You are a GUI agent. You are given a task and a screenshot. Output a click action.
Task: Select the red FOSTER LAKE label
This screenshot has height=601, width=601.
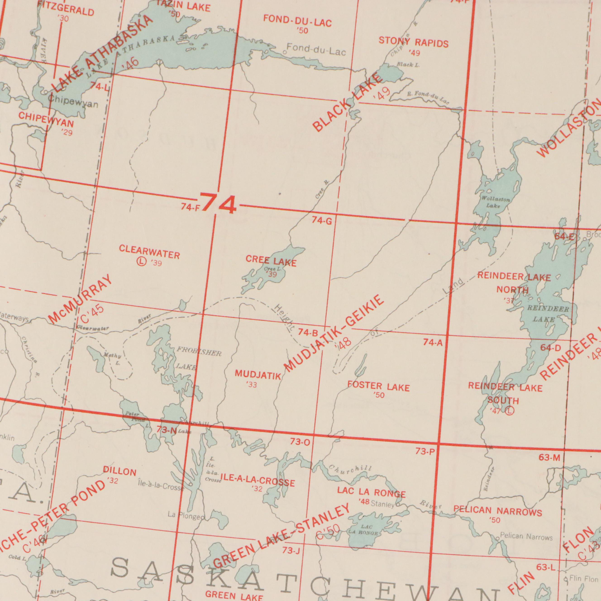[379, 387]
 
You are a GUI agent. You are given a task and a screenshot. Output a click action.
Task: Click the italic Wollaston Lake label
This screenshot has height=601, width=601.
[496, 202]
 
